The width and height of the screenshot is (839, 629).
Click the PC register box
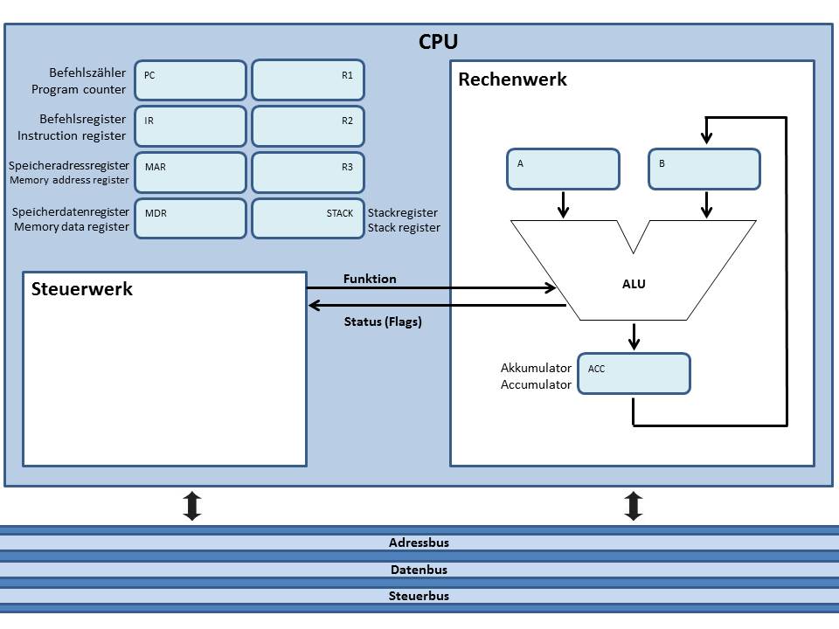pyautogui.click(x=191, y=80)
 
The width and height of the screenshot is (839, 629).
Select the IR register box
pyautogui.click(x=191, y=126)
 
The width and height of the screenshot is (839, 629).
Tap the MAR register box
pyautogui.click(x=191, y=173)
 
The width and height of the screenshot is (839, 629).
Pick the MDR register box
pyautogui.click(x=191, y=218)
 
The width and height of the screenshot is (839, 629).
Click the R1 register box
pyautogui.click(x=309, y=80)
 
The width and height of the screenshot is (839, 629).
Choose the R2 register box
pyautogui.click(x=309, y=126)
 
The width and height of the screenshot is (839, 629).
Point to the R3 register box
pyautogui.click(x=309, y=173)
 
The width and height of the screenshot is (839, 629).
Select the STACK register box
pyautogui.click(x=309, y=218)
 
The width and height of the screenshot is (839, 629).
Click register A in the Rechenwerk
pyautogui.click(x=564, y=169)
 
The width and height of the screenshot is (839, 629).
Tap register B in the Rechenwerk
pyautogui.click(x=704, y=169)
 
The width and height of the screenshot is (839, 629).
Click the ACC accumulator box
pyautogui.click(x=634, y=373)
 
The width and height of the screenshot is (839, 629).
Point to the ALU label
pyautogui.click(x=634, y=284)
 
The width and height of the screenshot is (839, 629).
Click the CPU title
pyautogui.click(x=438, y=42)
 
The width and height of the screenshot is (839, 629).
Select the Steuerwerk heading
pyautogui.click(x=82, y=289)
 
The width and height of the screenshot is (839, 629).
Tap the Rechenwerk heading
pyautogui.click(x=513, y=79)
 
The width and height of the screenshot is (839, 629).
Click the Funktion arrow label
pyautogui.click(x=370, y=279)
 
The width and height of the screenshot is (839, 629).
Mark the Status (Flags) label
pyautogui.click(x=383, y=321)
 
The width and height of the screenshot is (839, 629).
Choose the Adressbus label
pyautogui.click(x=419, y=543)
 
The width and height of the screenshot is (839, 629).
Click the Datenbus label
pyautogui.click(x=419, y=570)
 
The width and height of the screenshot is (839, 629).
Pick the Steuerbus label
pyautogui.click(x=419, y=596)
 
